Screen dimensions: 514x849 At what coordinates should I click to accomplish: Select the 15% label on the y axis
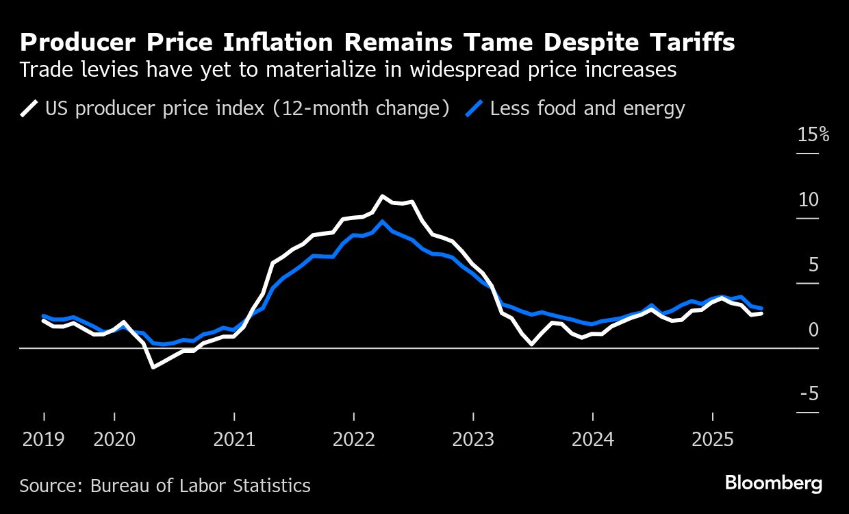813,134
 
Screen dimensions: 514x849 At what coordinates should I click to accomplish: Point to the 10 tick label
809,199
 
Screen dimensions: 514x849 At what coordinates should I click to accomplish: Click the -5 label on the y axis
809,393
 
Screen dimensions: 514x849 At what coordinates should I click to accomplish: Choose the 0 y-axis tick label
813,330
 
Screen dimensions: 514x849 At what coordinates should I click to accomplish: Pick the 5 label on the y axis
813,265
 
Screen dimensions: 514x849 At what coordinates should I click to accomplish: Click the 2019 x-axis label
44,439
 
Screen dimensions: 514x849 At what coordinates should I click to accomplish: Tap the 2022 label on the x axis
354,439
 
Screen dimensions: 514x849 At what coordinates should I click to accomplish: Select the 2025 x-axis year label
713,439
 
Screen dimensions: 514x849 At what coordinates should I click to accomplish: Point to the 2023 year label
473,439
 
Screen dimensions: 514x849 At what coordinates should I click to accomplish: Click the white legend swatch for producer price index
29,108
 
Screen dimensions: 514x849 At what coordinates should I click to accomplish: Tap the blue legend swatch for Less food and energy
474,108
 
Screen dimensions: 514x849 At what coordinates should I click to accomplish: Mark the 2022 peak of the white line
382,196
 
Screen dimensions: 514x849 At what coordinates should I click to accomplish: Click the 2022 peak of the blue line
382,221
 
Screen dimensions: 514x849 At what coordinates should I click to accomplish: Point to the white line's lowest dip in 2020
153,367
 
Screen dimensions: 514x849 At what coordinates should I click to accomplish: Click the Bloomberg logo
774,483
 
